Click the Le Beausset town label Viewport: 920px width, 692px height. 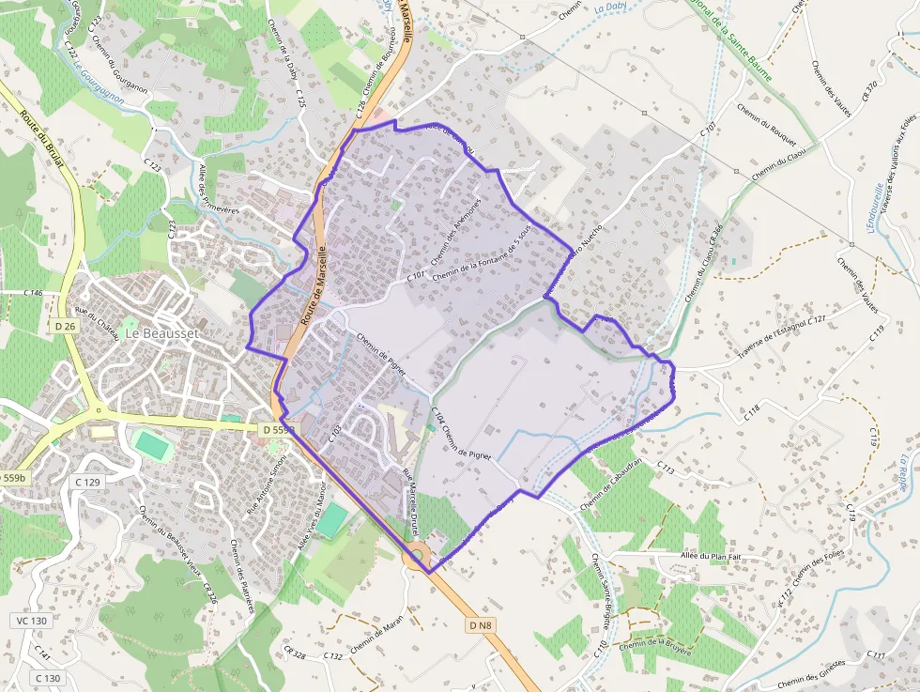pyautogui.click(x=157, y=332)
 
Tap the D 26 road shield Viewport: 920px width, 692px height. pyautogui.click(x=65, y=325)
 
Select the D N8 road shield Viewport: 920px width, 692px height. pyautogui.click(x=479, y=623)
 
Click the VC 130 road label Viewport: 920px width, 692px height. pyautogui.click(x=31, y=621)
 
